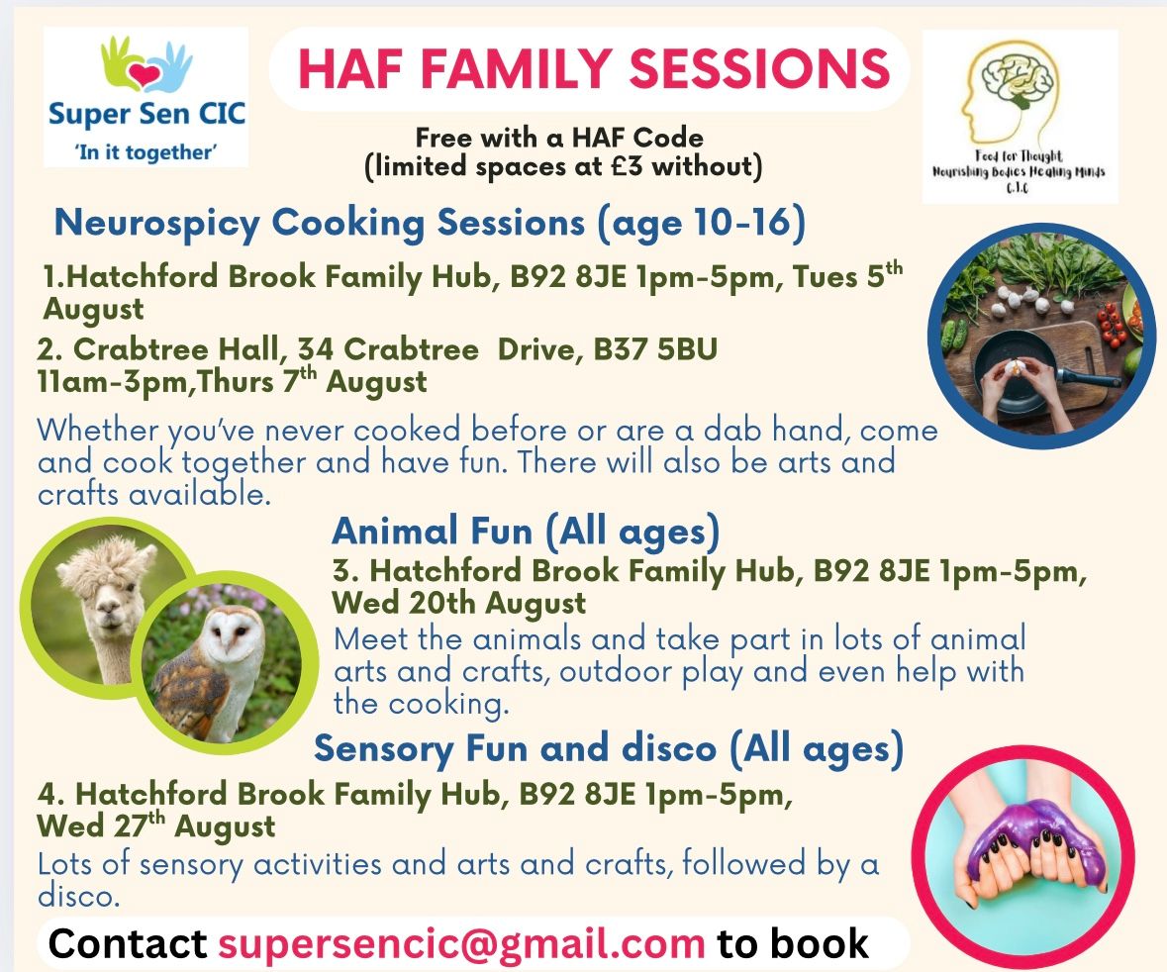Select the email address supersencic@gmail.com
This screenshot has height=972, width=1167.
tap(460, 943)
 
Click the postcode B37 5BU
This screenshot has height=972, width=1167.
tap(655, 348)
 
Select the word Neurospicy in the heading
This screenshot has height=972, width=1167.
tap(157, 224)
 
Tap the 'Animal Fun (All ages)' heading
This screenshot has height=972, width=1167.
tap(526, 532)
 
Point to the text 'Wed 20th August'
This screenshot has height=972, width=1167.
tap(458, 603)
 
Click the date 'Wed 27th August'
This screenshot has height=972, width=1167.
tap(155, 826)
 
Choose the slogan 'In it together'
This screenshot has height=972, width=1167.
tap(146, 152)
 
